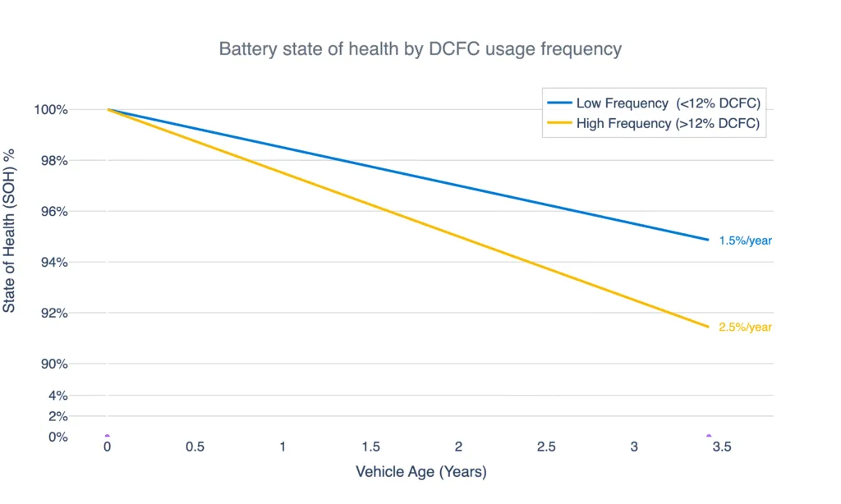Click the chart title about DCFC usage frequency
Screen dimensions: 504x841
tap(420, 49)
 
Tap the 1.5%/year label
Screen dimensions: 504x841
tap(745, 241)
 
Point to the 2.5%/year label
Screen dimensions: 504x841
tap(745, 327)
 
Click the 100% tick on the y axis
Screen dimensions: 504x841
tap(50, 110)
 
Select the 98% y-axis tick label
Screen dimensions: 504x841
tap(53, 161)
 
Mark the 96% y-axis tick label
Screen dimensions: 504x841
tap(53, 212)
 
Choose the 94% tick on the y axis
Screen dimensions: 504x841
tap(53, 263)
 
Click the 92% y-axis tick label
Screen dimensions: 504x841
tap(53, 314)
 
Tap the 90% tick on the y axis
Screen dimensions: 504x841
tap(53, 364)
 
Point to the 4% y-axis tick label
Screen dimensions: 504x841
tap(57, 396)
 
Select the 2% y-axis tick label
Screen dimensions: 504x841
tap(57, 416)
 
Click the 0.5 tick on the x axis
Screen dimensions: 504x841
tap(195, 447)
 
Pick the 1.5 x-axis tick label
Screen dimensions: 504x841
tap(370, 447)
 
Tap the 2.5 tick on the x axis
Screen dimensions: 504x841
tap(546, 447)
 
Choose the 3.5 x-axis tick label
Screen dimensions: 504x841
tap(722, 447)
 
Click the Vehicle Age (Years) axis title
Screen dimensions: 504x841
tap(420, 473)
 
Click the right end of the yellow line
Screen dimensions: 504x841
tap(708, 327)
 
